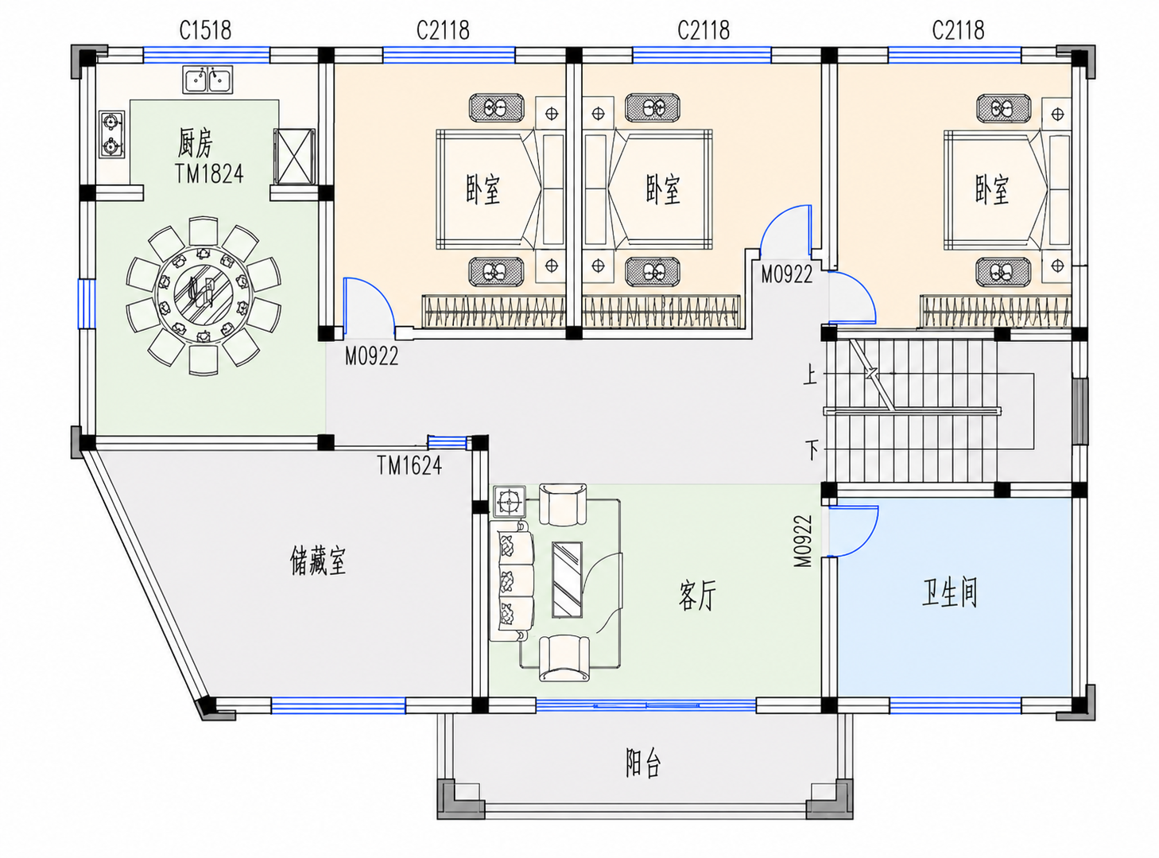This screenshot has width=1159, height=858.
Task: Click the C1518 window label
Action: click(205, 30)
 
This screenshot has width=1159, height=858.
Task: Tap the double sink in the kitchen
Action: click(207, 80)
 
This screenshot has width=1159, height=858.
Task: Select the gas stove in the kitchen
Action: click(112, 134)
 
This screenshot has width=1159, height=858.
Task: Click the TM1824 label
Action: click(209, 174)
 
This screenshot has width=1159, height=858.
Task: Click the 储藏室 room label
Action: click(318, 561)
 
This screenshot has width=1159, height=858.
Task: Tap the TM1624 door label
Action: click(409, 465)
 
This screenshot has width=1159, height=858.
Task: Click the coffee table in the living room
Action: click(567, 580)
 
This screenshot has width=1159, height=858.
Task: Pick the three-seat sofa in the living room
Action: click(512, 580)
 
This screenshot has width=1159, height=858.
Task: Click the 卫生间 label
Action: click(949, 592)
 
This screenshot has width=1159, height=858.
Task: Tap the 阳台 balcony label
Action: click(643, 763)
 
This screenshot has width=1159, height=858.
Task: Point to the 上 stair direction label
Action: click(809, 375)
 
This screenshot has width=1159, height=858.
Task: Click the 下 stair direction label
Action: click(812, 449)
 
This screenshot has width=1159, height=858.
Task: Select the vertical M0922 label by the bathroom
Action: click(803, 542)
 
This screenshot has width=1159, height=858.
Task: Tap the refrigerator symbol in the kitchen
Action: click(294, 157)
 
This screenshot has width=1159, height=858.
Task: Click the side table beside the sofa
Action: click(509, 501)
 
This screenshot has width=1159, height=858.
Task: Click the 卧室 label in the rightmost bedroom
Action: click(991, 189)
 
